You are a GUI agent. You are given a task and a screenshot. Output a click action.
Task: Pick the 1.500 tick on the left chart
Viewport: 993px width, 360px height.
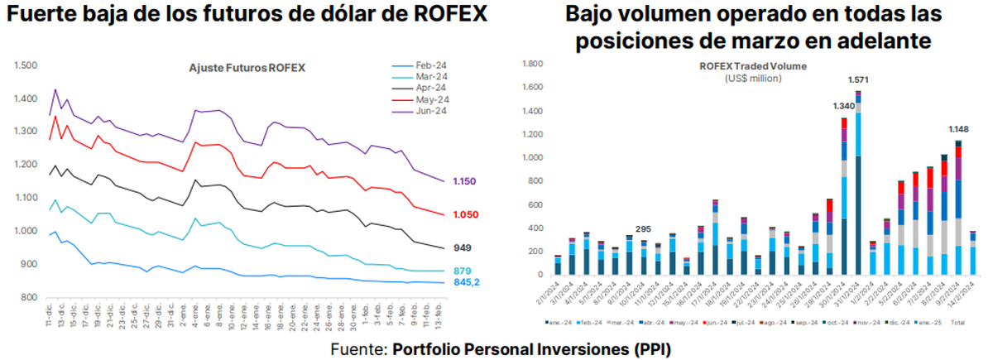click(28, 65)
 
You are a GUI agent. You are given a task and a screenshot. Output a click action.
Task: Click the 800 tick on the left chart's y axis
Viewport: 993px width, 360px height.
click(31, 298)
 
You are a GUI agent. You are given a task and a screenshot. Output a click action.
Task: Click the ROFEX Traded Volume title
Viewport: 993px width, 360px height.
click(753, 65)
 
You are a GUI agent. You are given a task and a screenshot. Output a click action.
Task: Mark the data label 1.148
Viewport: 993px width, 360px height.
click(960, 129)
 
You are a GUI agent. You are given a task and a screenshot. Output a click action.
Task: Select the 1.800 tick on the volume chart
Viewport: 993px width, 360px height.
click(530, 63)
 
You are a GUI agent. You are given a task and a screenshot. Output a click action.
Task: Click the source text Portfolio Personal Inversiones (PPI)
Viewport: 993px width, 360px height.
click(530, 349)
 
